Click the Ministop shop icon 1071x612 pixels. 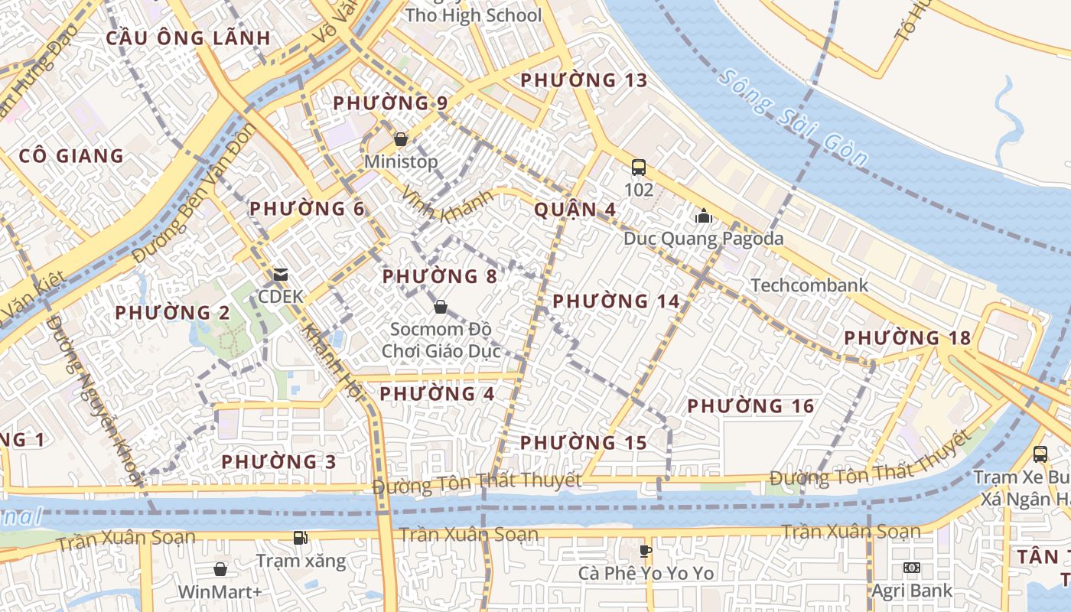400,139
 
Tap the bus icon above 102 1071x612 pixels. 638,167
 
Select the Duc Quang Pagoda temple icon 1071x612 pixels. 703,216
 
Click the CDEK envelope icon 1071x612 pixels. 281,274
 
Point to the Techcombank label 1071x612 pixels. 809,285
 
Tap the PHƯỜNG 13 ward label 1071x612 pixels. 584,80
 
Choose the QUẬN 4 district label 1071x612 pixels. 575,210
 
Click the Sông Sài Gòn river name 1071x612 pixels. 793,119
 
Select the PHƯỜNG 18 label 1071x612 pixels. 907,337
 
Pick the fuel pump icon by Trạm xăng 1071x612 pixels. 300,538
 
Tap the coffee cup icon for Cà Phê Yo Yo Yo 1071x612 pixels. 646,550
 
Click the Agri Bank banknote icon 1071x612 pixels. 911,568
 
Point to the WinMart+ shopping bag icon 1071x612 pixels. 220,569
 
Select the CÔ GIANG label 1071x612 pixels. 71,156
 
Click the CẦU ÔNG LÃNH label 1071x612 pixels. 188,38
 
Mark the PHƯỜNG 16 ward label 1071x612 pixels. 750,406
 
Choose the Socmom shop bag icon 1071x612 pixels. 441,308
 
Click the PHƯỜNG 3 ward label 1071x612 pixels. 278,462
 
